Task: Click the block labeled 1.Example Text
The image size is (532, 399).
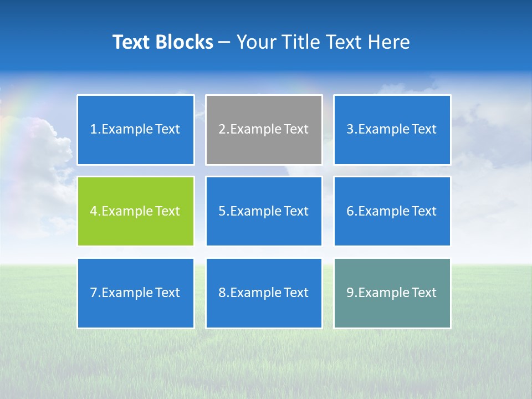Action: pos(136,130)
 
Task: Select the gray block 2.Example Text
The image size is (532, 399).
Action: pos(264,130)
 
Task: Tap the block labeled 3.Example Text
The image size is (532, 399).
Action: pos(392,130)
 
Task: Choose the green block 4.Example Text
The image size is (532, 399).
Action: pos(136,211)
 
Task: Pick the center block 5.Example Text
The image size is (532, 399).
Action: pos(264,211)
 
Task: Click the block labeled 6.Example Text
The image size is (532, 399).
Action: pos(392,211)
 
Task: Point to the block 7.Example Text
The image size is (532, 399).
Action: pos(136,293)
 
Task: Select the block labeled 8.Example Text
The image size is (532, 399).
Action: pos(264,293)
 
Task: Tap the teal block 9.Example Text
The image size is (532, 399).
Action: pos(392,293)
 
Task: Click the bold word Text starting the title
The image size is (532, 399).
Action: pos(131,42)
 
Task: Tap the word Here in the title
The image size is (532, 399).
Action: pos(388,42)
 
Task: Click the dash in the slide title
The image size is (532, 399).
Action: pos(224,43)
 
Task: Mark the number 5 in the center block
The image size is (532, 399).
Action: pos(222,211)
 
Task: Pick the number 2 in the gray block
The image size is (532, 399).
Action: pos(222,130)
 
